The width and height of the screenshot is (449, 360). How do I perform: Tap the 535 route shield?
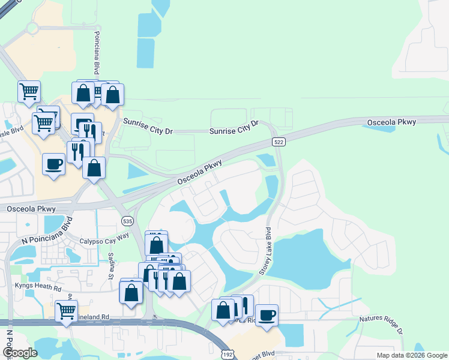(127, 221)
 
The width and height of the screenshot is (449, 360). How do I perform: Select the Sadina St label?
(111, 266)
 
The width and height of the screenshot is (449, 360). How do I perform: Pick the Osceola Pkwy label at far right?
(391, 122)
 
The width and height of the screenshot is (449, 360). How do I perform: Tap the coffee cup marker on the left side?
(54, 164)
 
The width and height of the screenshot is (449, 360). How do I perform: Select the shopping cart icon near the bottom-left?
(67, 311)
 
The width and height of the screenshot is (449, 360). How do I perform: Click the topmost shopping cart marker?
(29, 91)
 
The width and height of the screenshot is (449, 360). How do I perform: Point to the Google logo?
(20, 353)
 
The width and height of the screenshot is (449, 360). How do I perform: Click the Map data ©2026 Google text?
(411, 355)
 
